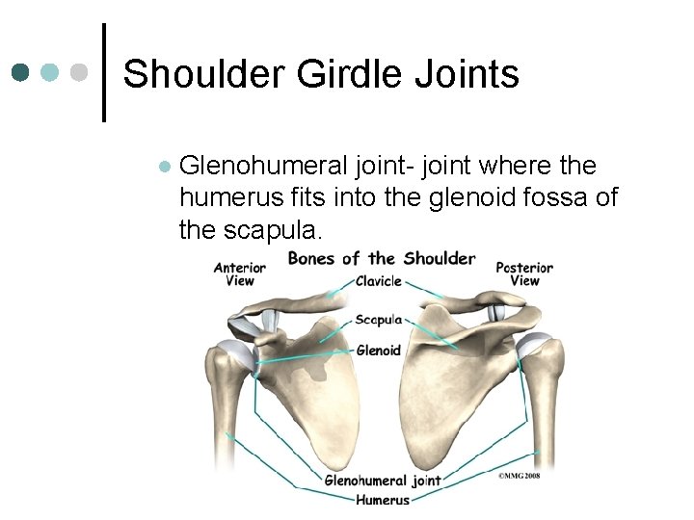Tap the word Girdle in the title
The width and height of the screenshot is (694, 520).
tap(334, 74)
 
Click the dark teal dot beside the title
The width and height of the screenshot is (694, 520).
tap(21, 73)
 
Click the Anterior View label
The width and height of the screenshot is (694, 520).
tap(239, 273)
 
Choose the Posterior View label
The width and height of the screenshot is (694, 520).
tap(524, 273)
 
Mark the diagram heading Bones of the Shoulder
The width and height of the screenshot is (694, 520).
tap(382, 258)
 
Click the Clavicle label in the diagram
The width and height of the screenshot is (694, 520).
tap(378, 281)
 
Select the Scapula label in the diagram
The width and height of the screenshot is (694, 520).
tap(378, 319)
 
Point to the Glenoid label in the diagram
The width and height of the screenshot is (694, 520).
tap(378, 350)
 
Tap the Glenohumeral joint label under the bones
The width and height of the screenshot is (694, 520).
tap(383, 480)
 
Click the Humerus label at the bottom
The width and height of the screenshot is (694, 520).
tap(383, 500)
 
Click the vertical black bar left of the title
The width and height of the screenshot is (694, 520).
tap(104, 73)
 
